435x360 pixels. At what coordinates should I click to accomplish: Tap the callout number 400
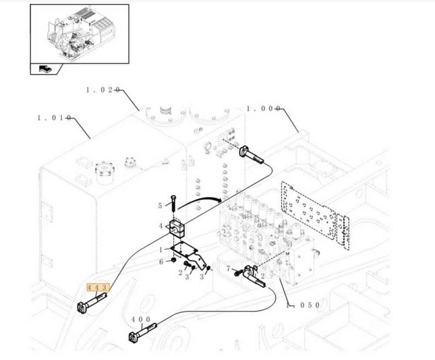pos(141,320)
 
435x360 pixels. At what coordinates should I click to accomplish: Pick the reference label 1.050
pos(303,305)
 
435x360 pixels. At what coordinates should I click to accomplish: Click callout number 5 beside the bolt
pos(160,205)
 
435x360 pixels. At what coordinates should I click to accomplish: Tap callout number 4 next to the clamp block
pos(161,225)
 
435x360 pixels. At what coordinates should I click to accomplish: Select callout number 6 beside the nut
pos(161,262)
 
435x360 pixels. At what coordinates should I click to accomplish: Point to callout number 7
pos(228,269)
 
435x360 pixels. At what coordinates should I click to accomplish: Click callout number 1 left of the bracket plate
pos(161,250)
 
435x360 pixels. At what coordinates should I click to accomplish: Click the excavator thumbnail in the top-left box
pos(79,33)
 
